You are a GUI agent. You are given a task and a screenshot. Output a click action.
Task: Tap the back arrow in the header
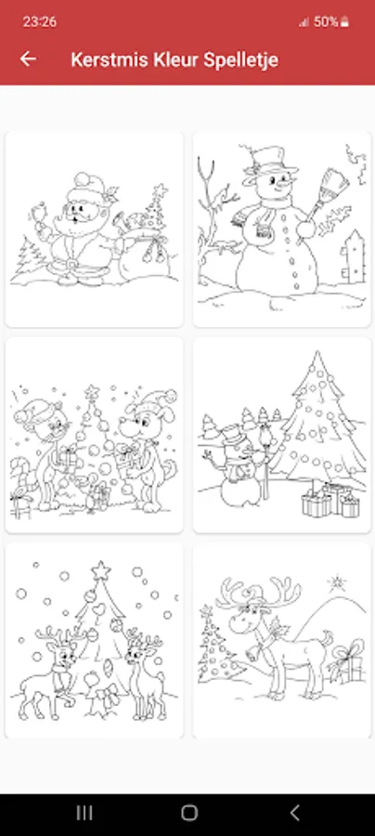28,59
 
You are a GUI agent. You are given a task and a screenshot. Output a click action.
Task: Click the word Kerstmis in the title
110,59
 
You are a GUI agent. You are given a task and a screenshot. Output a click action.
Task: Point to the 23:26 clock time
39,21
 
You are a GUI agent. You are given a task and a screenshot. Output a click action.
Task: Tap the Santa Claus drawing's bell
38,215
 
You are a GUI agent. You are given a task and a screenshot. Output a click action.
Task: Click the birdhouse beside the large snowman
354,256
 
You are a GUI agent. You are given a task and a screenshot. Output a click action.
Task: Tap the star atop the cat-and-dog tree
92,392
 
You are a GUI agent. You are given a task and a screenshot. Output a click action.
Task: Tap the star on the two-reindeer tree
100,570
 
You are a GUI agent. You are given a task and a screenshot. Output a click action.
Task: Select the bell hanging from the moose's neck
252,652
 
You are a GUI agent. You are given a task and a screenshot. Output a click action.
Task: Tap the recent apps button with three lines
84,813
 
